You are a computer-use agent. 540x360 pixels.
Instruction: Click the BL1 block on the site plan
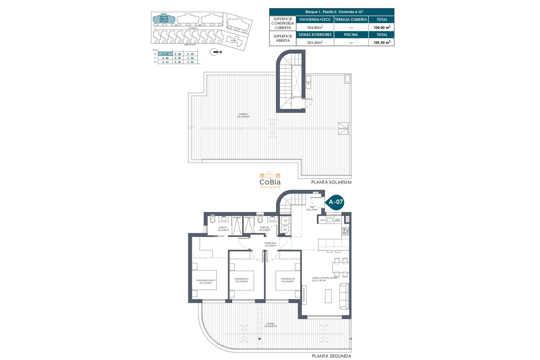click(164, 19)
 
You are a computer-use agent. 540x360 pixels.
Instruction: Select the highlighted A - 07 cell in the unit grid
click(165, 54)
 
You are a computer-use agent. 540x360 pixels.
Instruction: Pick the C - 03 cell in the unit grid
click(190, 62)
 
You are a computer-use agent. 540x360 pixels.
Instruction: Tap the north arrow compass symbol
click(214, 52)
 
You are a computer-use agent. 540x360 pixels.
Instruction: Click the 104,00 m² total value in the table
click(382, 28)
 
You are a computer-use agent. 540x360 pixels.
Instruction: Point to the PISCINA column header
click(351, 35)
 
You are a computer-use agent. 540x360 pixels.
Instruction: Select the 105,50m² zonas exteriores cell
click(315, 42)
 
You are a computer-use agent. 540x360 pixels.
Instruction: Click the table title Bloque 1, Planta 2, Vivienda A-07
click(332, 12)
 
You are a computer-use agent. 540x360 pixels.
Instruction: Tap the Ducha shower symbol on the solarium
click(344, 129)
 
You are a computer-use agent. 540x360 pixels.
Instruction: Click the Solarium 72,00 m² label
click(243, 115)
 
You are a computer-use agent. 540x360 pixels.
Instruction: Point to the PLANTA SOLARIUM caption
click(331, 182)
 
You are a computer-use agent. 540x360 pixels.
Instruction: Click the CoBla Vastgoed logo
click(270, 180)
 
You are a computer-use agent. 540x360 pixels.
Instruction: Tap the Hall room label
click(312, 208)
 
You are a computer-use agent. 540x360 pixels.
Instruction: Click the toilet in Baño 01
click(213, 220)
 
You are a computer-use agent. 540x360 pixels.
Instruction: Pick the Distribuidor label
click(270, 244)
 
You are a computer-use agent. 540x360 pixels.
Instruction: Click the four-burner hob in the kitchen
click(345, 231)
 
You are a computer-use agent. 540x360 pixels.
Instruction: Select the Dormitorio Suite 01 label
click(206, 281)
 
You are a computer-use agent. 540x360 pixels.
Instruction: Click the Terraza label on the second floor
click(271, 325)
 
